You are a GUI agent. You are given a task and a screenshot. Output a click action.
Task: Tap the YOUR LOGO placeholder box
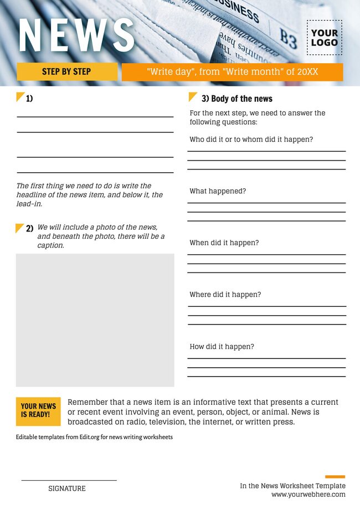tap(324, 38)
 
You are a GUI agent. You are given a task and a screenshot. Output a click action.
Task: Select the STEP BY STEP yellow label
tap(66, 71)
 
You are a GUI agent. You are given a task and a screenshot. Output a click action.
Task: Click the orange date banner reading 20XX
tap(232, 72)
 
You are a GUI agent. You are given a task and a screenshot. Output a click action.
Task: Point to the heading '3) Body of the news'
tap(236, 99)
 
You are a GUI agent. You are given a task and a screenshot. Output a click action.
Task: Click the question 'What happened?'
tap(218, 191)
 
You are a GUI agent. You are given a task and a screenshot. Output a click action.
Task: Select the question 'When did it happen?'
tap(224, 243)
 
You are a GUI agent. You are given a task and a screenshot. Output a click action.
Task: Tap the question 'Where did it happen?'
tap(225, 295)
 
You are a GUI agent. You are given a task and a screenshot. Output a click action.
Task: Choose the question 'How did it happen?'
tap(222, 347)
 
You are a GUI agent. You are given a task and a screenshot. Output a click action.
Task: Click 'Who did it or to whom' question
tap(251, 140)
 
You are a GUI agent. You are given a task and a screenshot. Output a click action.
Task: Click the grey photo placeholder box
tap(95, 320)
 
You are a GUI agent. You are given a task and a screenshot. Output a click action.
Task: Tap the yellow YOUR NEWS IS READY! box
tap(38, 410)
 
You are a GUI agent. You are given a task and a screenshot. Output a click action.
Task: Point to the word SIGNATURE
tap(67, 489)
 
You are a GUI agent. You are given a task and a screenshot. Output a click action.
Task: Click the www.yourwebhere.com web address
tap(308, 495)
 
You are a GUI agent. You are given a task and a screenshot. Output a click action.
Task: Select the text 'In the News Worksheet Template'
tap(292, 486)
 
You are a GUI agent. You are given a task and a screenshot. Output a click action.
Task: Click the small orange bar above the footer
tap(335, 476)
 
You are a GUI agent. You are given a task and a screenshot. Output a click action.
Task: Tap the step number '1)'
tap(29, 99)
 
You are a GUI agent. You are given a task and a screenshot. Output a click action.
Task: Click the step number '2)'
tap(29, 228)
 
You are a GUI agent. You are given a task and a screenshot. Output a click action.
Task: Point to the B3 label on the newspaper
tap(288, 39)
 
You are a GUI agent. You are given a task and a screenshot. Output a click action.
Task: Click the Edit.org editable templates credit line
tap(94, 437)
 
